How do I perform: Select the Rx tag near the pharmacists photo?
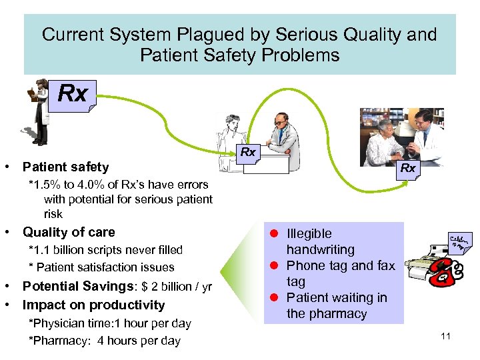[408, 169]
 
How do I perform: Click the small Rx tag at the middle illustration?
[248, 153]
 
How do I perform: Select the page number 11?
[446, 336]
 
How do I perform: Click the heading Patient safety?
[65, 167]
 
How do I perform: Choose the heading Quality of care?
[69, 232]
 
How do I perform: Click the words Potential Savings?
[65, 287]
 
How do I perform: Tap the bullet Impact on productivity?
[93, 305]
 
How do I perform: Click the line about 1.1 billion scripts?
[105, 250]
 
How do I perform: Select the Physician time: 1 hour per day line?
[110, 323]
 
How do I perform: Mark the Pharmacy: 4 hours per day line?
[105, 341]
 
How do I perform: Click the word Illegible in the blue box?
[309, 233]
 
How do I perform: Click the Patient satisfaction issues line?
[101, 267]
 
